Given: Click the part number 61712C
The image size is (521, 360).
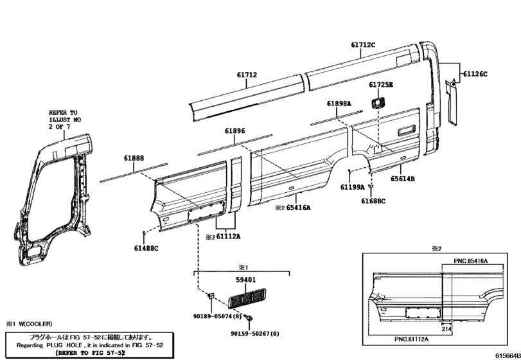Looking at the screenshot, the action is click(x=363, y=44).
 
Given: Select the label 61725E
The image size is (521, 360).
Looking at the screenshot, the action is click(x=381, y=85).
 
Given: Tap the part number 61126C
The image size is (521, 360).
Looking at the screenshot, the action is click(x=475, y=74).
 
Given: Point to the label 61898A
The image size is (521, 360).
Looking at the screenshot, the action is click(x=339, y=104).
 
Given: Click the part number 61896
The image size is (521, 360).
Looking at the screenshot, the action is click(x=235, y=130).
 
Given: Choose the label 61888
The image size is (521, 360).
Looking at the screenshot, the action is click(x=134, y=158).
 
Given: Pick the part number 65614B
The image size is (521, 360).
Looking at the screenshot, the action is click(x=402, y=179).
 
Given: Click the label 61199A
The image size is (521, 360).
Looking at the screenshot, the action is click(x=352, y=187).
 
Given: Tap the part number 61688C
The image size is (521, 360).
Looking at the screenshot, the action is click(x=373, y=201).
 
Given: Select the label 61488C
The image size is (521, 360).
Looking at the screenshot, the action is click(x=146, y=248).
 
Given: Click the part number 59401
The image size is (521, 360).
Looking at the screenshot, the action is click(x=246, y=280).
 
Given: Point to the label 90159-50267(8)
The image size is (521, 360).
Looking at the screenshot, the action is click(x=255, y=334).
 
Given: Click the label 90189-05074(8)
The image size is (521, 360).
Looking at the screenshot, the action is click(x=217, y=316).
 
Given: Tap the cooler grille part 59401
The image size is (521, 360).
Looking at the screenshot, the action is click(x=247, y=298).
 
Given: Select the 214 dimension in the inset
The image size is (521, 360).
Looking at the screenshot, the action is click(x=446, y=329).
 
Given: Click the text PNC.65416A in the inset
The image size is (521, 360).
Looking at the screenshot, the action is click(x=471, y=261).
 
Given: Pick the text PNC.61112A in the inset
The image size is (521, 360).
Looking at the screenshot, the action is click(x=411, y=339).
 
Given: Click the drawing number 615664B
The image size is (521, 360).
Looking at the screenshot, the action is click(x=508, y=355).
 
